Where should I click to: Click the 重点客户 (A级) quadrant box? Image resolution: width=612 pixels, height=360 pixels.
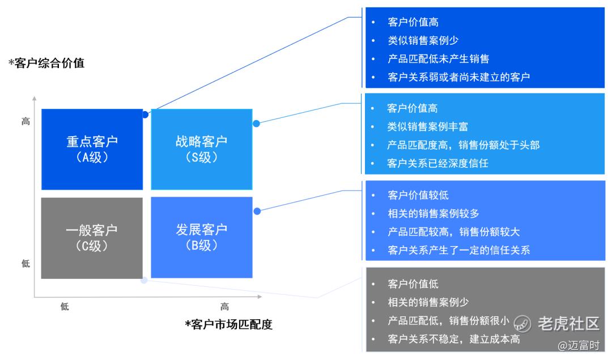pos(92,149)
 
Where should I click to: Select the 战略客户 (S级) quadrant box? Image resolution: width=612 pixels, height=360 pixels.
pos(201,149)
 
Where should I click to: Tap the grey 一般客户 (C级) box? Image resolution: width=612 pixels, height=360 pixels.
pos(92,238)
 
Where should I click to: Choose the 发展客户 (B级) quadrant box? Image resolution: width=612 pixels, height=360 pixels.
pos(201,238)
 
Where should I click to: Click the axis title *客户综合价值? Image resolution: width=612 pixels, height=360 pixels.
pos(46,63)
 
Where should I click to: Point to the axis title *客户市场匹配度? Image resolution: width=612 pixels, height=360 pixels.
pos(229,324)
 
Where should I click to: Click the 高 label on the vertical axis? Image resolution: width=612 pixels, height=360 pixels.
pos(25,121)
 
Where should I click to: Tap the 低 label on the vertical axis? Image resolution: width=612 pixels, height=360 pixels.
pos(25,264)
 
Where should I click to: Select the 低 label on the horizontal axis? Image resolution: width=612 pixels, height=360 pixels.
pos(65,307)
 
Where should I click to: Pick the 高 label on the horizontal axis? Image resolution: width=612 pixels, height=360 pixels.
pos(225,307)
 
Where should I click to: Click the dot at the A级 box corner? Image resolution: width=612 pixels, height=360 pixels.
pos(146,115)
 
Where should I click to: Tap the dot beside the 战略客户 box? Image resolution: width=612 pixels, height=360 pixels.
pos(256,123)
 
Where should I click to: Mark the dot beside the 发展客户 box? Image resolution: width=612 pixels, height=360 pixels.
pos(257,211)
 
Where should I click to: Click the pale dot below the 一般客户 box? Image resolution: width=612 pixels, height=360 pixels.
pos(144,280)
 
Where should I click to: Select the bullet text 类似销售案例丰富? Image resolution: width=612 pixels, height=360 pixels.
pos(427,126)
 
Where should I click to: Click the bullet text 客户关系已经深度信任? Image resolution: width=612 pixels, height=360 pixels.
pos(437,163)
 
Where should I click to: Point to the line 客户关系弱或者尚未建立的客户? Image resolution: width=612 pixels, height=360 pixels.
pos(458,77)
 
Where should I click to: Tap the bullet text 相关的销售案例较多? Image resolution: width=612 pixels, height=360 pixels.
pos(433,214)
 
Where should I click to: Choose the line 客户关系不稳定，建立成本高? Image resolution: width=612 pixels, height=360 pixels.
pos(453,339)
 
